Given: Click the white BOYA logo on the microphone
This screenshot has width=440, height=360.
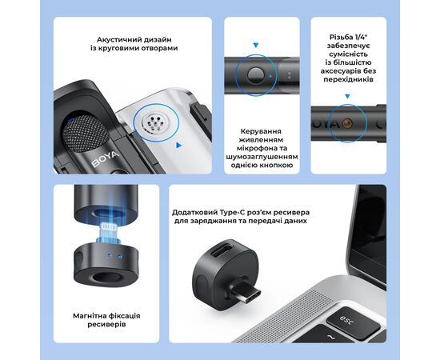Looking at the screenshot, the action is pyautogui.click(x=106, y=159).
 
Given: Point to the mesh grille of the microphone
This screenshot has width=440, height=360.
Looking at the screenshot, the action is pyautogui.click(x=86, y=134).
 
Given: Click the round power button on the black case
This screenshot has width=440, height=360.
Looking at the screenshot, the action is pyautogui.click(x=256, y=75).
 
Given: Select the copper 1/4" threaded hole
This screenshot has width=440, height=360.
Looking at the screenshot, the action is pyautogui.click(x=348, y=123).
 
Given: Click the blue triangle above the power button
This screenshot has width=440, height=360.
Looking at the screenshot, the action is pyautogui.click(x=256, y=45).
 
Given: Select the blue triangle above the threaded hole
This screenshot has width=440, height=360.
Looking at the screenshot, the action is pyautogui.click(x=348, y=96).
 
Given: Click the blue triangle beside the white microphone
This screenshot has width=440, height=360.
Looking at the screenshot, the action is pyautogui.click(x=178, y=145).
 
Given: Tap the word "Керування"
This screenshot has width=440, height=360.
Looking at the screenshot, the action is pyautogui.click(x=261, y=131).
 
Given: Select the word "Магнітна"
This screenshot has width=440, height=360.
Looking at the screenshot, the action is pyautogui.click(x=90, y=316).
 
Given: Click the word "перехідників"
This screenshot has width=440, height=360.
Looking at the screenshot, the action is pyautogui.click(x=348, y=79).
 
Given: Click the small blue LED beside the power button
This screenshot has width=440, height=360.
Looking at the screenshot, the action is pyautogui.click(x=270, y=75).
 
